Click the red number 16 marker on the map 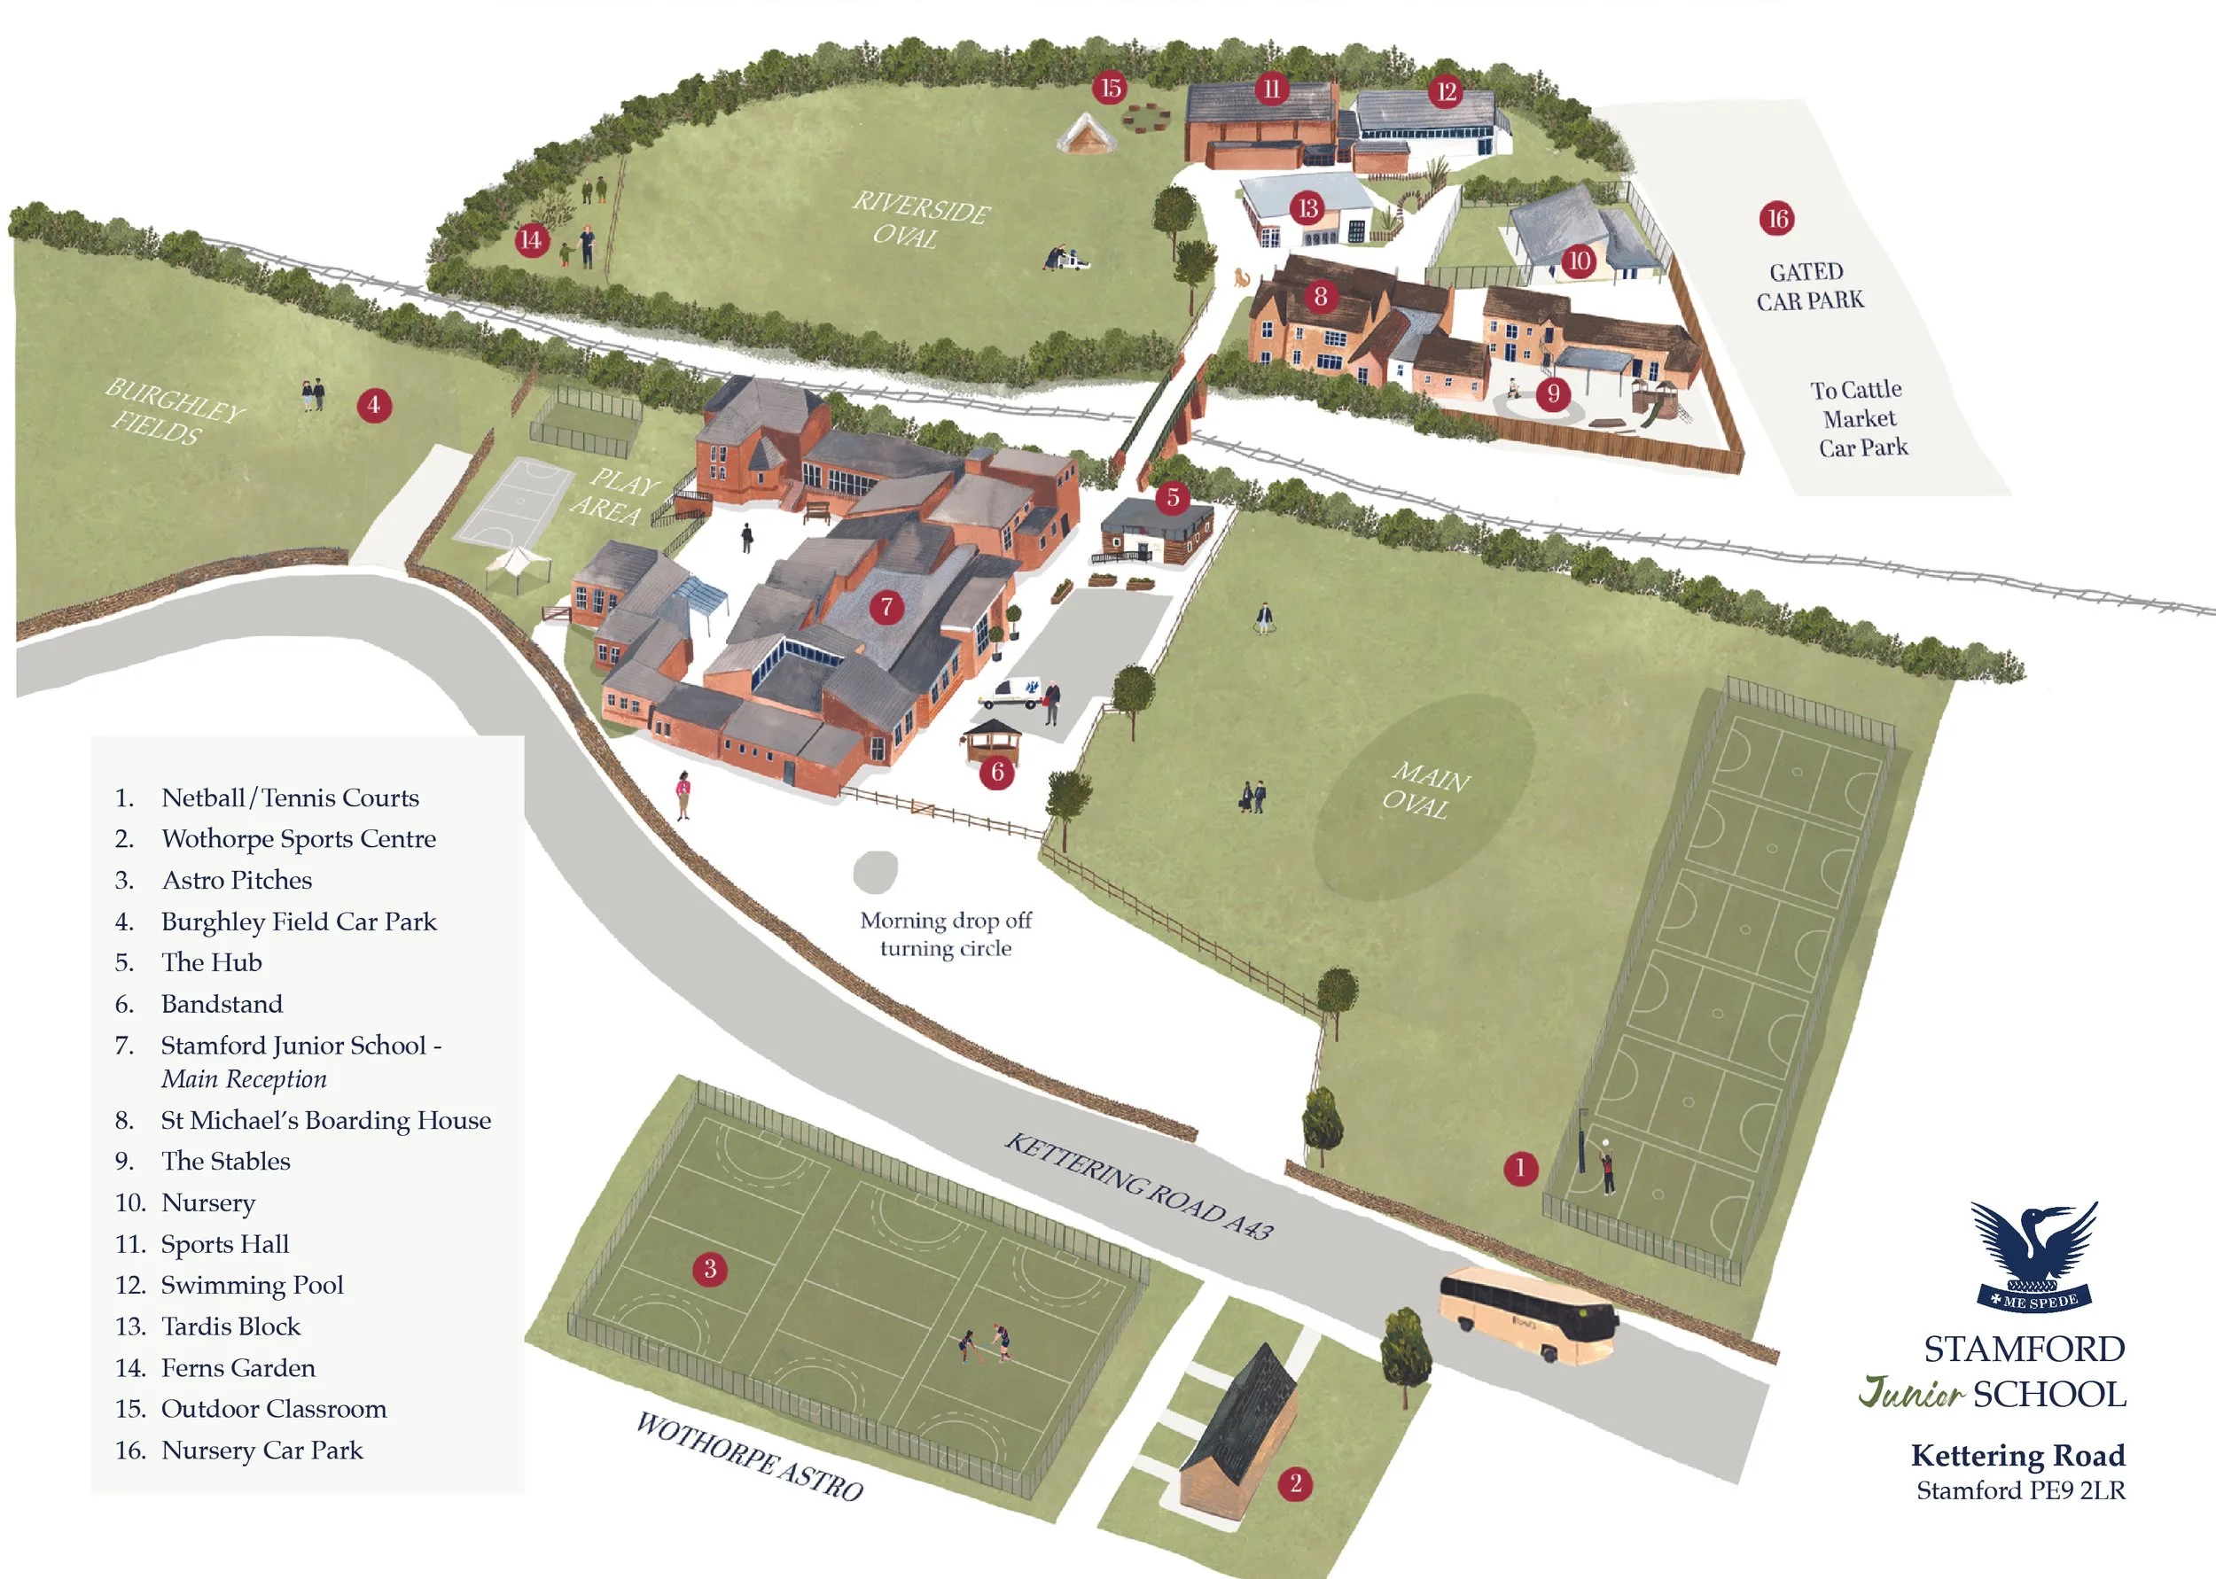click(1777, 219)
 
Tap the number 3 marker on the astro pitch click(710, 1268)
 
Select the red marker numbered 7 click(886, 608)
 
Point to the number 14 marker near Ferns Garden click(530, 239)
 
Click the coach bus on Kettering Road click(1527, 1311)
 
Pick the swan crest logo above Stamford click(2034, 1255)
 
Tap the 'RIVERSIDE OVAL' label click(920, 220)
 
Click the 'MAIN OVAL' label click(1424, 790)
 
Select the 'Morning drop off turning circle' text click(945, 933)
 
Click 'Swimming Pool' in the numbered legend click(252, 1285)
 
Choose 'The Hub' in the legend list click(211, 961)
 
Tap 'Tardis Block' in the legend click(230, 1326)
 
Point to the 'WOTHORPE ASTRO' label click(749, 1457)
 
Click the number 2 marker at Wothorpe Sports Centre click(1295, 1483)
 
